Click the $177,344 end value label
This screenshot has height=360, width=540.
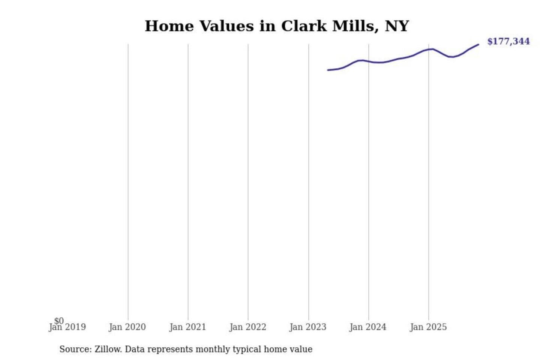[508, 41]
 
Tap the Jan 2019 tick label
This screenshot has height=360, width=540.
[67, 327]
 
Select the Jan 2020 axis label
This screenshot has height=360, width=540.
[127, 327]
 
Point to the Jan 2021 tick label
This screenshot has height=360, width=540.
[187, 327]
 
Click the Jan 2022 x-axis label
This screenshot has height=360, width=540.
[247, 327]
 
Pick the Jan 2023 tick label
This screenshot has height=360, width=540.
[308, 327]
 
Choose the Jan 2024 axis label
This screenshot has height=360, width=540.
[368, 327]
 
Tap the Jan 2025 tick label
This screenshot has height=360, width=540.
[428, 327]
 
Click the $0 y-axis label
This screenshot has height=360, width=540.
[59, 321]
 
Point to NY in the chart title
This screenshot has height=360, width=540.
[397, 26]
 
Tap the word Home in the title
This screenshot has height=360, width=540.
[169, 26]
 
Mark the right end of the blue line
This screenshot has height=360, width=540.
[478, 45]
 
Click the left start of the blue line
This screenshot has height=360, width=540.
[328, 70]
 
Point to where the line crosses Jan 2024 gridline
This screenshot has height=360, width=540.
[369, 61]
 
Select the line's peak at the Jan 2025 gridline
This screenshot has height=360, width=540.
[429, 49]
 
